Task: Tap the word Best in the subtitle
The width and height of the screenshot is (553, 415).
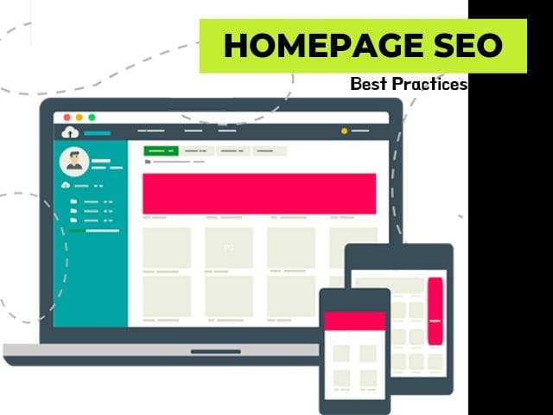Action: point(369,84)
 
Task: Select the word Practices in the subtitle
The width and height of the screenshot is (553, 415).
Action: point(430,84)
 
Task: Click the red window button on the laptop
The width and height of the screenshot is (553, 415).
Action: point(67,118)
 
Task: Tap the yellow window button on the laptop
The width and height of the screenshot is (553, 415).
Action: point(79,118)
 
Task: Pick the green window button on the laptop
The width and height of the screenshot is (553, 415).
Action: point(92,118)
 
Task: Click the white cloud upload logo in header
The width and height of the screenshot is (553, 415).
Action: point(70,132)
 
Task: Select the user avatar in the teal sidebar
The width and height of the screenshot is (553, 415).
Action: point(74,162)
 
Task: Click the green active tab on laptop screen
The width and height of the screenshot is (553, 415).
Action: point(161,151)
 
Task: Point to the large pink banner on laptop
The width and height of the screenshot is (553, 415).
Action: point(259,194)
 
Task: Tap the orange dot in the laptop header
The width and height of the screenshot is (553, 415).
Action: point(344,131)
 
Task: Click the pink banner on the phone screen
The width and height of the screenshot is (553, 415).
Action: point(355,321)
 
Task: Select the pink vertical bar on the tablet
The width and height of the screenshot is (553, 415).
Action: point(435,311)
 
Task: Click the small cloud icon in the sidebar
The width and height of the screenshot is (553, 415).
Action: point(66,185)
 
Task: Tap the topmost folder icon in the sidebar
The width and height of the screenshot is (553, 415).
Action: point(73,201)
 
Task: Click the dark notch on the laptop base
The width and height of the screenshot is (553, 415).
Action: point(215,352)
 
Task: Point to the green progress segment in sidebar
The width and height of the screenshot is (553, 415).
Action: point(77,231)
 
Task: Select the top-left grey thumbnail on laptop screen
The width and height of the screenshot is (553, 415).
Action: point(167,248)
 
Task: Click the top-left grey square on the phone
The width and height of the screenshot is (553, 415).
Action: point(341,354)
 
